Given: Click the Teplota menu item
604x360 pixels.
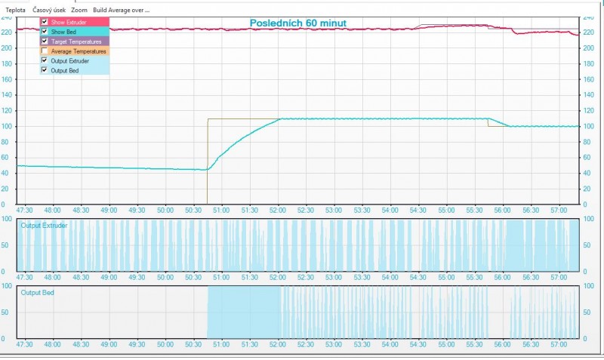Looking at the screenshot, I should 15,10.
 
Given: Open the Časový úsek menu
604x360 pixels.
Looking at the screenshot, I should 48,10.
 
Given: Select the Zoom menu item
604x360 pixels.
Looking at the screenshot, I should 79,10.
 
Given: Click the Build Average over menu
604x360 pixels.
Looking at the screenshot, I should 121,10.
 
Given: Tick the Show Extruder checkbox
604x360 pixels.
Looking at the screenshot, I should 45,23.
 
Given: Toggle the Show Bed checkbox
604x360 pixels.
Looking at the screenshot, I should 45,32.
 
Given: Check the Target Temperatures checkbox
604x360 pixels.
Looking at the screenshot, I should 45,42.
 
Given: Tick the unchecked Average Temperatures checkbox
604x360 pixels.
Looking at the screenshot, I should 45,51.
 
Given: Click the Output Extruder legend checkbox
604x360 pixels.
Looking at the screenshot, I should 45,60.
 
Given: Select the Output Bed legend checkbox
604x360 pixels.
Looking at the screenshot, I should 45,70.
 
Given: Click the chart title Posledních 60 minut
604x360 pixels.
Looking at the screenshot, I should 298,23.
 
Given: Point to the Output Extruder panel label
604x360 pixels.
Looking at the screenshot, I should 45,226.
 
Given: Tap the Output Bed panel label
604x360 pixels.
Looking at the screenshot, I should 39,292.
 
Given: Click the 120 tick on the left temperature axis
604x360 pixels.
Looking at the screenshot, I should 8,110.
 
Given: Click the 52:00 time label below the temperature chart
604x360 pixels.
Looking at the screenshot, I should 277,211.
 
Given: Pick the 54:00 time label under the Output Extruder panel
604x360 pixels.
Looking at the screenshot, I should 390,278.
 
